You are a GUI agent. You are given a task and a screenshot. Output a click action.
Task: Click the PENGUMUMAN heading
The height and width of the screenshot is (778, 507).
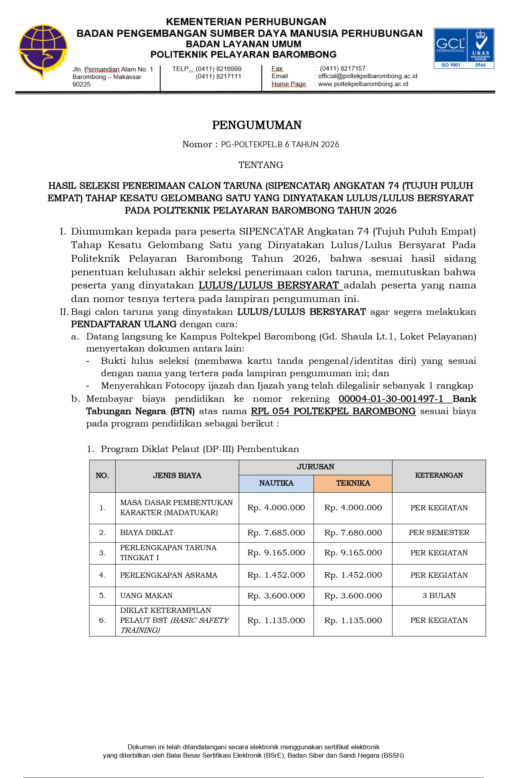(256, 125)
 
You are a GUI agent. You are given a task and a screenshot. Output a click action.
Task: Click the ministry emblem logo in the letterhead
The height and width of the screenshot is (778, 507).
(43, 51)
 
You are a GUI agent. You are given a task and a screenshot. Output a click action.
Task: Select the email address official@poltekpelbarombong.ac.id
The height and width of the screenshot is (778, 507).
(367, 76)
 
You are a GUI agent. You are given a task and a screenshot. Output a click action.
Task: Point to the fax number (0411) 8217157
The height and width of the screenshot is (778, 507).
(342, 68)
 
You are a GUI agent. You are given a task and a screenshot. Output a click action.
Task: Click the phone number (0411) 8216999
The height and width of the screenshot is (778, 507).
(218, 69)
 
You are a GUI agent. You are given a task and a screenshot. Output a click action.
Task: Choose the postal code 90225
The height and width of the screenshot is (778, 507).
(81, 84)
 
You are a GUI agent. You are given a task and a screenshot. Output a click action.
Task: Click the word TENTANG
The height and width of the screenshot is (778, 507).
(260, 165)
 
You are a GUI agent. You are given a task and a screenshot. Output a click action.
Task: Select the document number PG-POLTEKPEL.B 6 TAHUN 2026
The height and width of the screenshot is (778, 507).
(280, 144)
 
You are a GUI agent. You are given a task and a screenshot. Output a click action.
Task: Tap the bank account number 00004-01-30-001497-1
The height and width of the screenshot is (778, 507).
(391, 399)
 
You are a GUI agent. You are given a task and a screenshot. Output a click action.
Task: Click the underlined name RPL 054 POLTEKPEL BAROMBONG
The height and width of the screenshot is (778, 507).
(333, 411)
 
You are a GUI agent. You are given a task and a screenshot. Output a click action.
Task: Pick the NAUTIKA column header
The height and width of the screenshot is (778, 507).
(276, 483)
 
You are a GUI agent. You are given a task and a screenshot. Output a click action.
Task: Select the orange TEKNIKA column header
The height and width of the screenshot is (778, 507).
(353, 483)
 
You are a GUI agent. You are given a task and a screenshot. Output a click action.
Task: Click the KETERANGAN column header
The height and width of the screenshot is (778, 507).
(439, 475)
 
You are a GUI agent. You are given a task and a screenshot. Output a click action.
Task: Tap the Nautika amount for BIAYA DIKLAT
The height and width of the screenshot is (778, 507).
(276, 533)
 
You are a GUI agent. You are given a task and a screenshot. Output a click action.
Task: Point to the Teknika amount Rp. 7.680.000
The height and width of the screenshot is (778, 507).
(353, 533)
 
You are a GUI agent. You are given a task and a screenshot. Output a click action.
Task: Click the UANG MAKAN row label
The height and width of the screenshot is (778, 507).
(146, 595)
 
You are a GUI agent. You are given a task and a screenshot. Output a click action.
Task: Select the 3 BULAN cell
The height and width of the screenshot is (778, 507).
(439, 595)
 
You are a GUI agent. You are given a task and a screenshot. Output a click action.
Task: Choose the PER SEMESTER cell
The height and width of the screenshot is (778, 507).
(439, 532)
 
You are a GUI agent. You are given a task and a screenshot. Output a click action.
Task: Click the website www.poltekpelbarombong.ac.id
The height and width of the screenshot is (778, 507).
(363, 84)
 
